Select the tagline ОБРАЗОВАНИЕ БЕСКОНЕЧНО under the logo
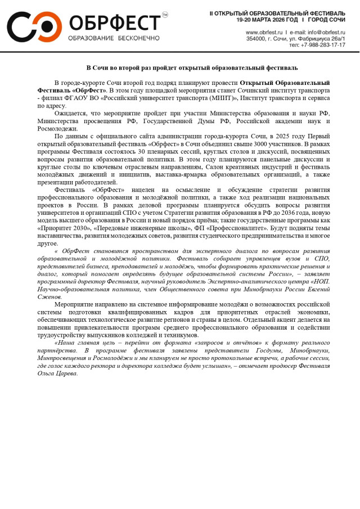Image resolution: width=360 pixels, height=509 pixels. pos(114,38)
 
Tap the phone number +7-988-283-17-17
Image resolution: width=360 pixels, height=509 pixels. pos(323,45)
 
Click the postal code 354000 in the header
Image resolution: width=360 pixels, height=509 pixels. pos(256,39)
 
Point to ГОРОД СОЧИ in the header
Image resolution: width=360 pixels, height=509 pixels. pos(330,19)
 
